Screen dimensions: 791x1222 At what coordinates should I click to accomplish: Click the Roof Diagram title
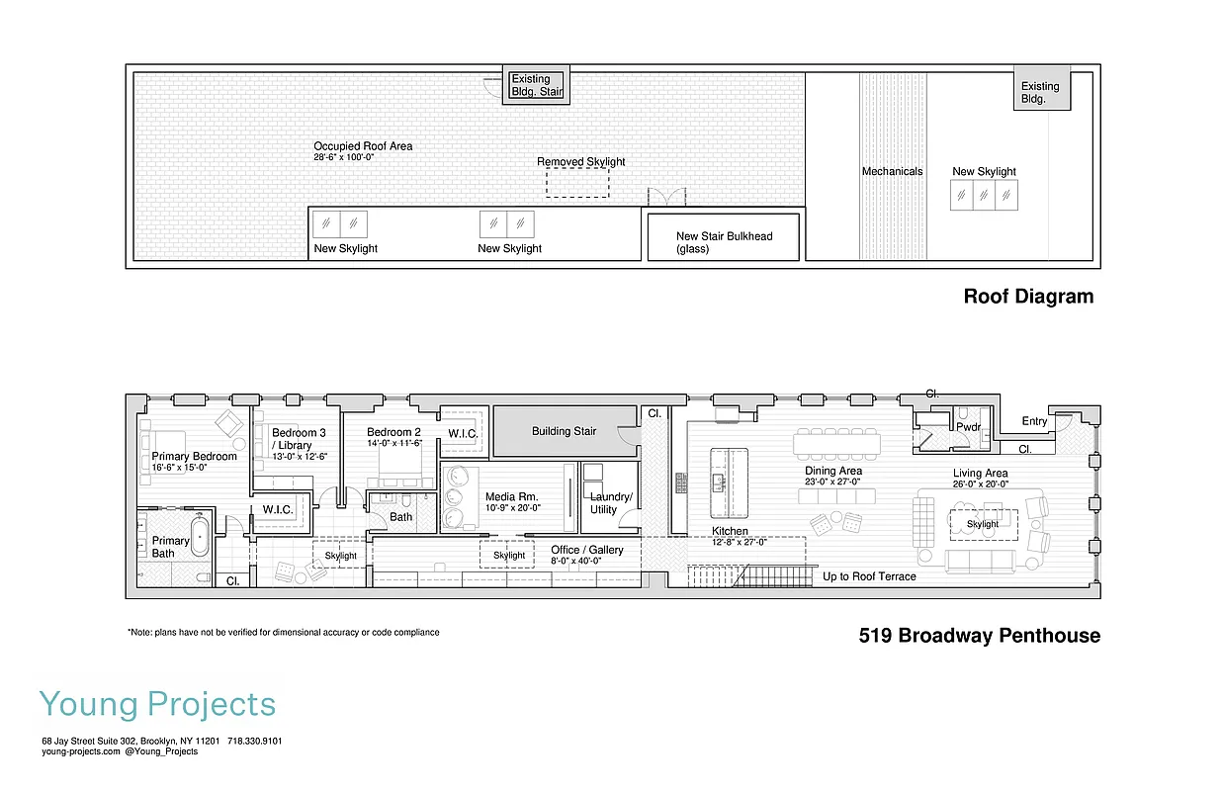coord(1028,297)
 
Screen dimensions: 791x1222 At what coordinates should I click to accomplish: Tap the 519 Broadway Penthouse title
coord(979,636)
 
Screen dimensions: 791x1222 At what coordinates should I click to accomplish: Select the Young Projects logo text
coord(158,705)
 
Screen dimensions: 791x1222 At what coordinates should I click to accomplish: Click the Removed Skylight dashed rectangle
coord(578,183)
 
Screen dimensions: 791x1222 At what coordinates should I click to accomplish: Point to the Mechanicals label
coord(892,171)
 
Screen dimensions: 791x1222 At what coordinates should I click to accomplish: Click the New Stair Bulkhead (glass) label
coord(724,242)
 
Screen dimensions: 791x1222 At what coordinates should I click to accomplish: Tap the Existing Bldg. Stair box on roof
coord(537,85)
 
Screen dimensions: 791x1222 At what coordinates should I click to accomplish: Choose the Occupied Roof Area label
coord(364,146)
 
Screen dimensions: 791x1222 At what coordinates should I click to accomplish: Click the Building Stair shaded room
coord(564,431)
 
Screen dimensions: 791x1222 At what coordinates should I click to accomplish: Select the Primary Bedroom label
coord(195,457)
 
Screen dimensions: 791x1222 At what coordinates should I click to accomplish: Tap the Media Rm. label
coord(512,496)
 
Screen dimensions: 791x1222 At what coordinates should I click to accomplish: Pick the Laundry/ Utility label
coord(610,503)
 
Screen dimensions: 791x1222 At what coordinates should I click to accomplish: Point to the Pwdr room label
coord(967,427)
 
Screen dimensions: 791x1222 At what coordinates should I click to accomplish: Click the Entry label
coord(1034,421)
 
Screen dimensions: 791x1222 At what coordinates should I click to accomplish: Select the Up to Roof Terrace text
coord(869,576)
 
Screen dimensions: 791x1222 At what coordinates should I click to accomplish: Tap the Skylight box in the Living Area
coord(983,524)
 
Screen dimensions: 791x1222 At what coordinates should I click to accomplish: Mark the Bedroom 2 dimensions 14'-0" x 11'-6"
coord(394,444)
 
